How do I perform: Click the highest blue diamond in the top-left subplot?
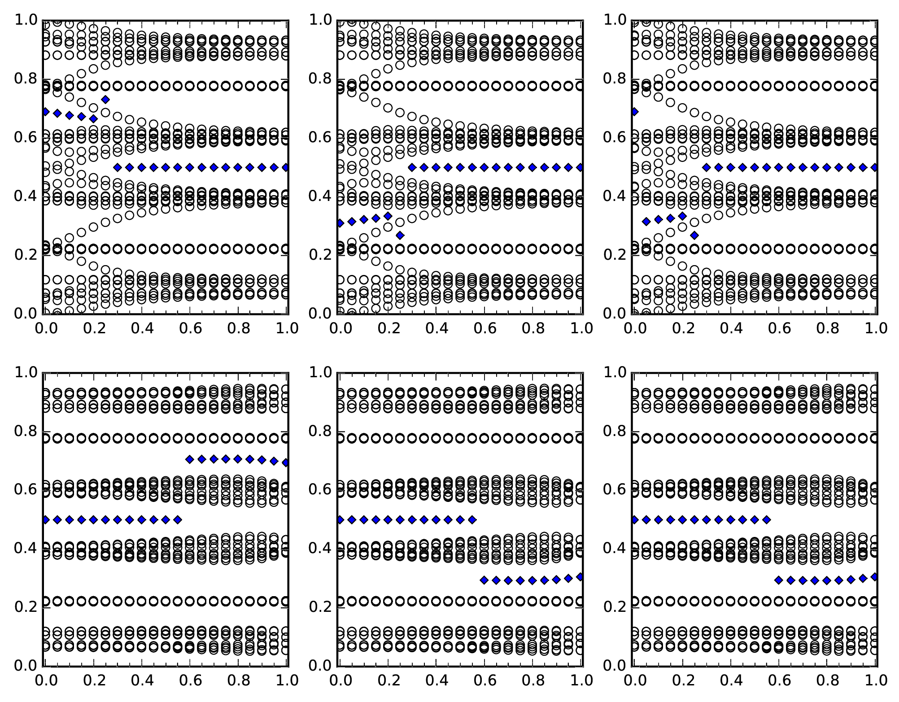pos(105,99)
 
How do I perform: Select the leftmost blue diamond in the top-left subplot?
pos(45,112)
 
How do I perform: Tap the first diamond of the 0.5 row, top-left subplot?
pos(118,167)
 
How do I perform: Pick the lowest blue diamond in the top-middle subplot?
pos(400,235)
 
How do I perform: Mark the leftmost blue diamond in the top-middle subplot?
pos(340,223)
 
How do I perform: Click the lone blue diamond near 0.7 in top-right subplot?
pos(634,112)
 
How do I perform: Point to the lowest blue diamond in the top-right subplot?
pos(694,235)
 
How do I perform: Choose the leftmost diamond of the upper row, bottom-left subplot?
pos(190,459)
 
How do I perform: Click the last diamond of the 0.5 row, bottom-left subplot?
pos(178,520)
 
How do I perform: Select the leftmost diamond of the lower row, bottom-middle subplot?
pos(484,580)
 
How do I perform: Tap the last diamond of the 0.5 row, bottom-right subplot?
pos(767,520)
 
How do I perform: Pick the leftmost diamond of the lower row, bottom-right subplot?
pos(779,580)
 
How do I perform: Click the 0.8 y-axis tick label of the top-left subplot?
pos(25,78)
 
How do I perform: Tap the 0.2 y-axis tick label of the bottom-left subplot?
pos(25,606)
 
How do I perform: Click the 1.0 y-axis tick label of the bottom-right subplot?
pos(615,372)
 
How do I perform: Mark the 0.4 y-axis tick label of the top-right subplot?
pos(615,196)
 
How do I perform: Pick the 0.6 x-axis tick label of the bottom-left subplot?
pos(191,680)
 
